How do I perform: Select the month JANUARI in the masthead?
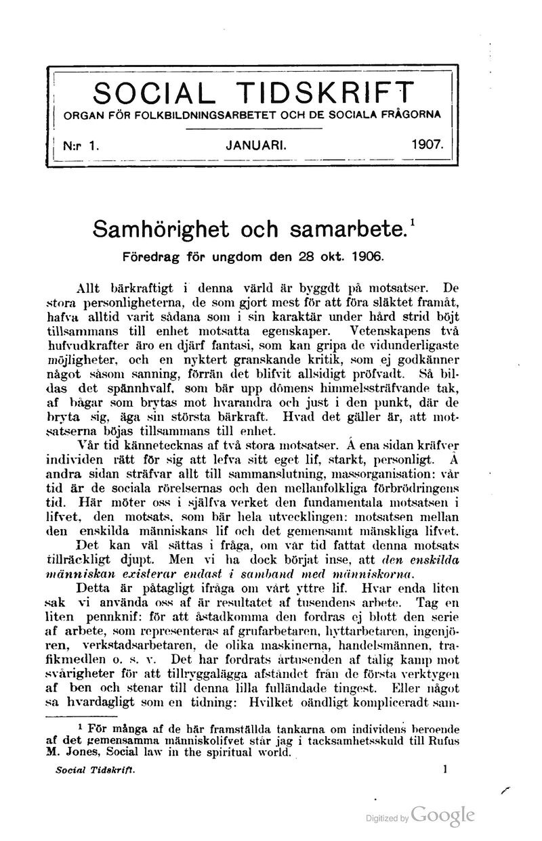[256, 144]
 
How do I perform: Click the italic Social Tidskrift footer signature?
[96, 769]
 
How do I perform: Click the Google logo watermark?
[442, 815]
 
